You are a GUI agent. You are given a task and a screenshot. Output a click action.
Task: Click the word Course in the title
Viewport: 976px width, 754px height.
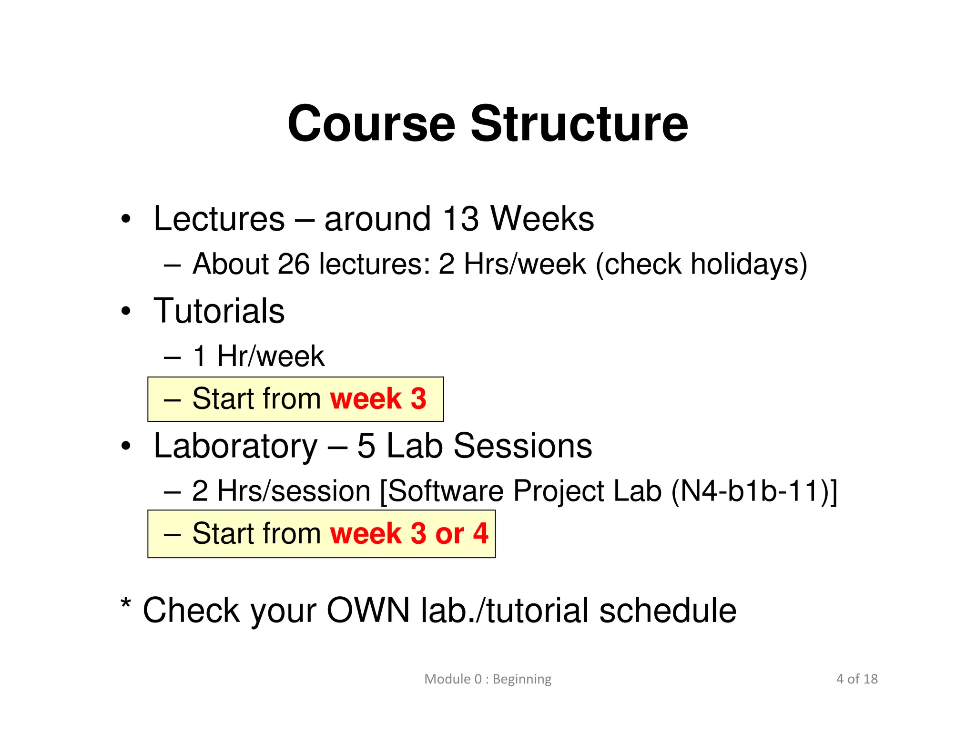click(371, 124)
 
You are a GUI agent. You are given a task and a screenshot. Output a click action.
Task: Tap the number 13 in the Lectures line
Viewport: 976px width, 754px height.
click(460, 219)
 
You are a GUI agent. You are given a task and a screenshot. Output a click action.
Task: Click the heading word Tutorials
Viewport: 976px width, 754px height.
click(219, 311)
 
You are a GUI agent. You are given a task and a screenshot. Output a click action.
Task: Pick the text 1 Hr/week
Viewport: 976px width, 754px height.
click(258, 356)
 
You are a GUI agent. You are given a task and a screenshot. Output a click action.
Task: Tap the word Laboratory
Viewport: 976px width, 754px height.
click(235, 446)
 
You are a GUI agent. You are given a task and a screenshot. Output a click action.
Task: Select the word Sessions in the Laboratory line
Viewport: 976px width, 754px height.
click(522, 446)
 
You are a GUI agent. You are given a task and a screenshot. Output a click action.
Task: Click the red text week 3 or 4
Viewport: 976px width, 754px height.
click(409, 533)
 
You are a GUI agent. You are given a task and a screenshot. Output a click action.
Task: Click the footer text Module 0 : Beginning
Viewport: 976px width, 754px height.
click(488, 679)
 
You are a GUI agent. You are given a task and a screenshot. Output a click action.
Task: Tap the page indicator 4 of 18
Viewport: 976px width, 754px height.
click(856, 679)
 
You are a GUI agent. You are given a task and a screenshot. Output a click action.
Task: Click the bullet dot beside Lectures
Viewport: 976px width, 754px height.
click(125, 220)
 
